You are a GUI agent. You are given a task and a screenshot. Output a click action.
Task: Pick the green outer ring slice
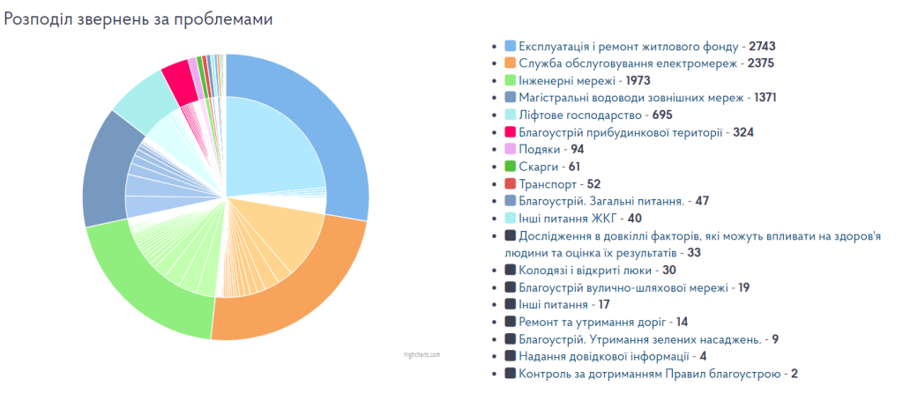[x=141, y=282]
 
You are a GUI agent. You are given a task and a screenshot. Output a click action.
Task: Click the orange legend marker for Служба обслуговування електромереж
[x=510, y=63]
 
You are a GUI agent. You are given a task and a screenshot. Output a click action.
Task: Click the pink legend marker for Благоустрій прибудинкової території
[x=510, y=132]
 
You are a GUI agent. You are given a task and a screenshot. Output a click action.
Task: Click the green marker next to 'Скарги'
[x=510, y=167]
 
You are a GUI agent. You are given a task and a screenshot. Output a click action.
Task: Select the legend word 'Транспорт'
[x=548, y=184]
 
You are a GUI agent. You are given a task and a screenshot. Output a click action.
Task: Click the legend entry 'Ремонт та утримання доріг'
[x=591, y=322]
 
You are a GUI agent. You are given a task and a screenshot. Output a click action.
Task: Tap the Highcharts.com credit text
[x=422, y=354]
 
